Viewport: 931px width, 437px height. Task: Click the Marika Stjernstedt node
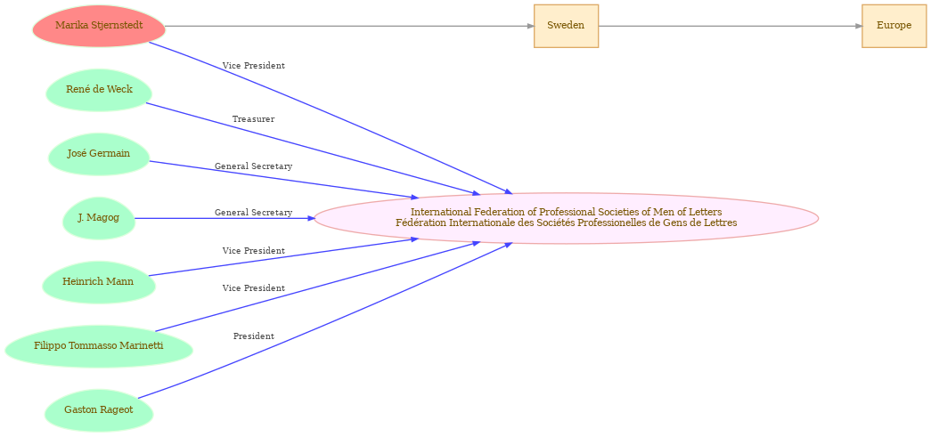[x=99, y=26]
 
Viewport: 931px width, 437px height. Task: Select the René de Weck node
[x=99, y=90]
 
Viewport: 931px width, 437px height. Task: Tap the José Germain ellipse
[x=99, y=154]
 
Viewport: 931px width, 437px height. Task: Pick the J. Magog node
[x=99, y=218]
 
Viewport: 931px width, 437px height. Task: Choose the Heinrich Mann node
[x=99, y=282]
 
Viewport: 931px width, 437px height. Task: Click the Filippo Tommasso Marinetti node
[x=99, y=346]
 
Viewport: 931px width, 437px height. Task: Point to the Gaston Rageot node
[x=99, y=410]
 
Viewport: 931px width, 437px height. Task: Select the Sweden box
[x=566, y=26]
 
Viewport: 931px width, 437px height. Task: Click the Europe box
[x=894, y=26]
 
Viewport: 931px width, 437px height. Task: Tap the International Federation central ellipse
[x=567, y=218]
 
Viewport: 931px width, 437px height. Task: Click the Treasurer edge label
[x=254, y=119]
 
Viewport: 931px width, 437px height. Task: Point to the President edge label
[x=254, y=336]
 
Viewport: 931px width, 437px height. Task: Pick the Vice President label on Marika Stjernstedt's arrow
[x=254, y=66]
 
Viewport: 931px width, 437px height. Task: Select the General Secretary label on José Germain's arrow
[x=254, y=166]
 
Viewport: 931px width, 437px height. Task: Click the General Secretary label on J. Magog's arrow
[x=254, y=213]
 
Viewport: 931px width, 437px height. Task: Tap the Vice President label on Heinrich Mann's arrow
[x=254, y=251]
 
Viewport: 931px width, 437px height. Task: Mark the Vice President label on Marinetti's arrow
[x=254, y=288]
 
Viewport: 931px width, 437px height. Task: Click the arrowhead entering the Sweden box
[x=530, y=26]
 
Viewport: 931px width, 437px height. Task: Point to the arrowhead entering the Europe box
[x=859, y=26]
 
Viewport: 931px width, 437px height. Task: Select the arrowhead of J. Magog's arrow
[x=311, y=218]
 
